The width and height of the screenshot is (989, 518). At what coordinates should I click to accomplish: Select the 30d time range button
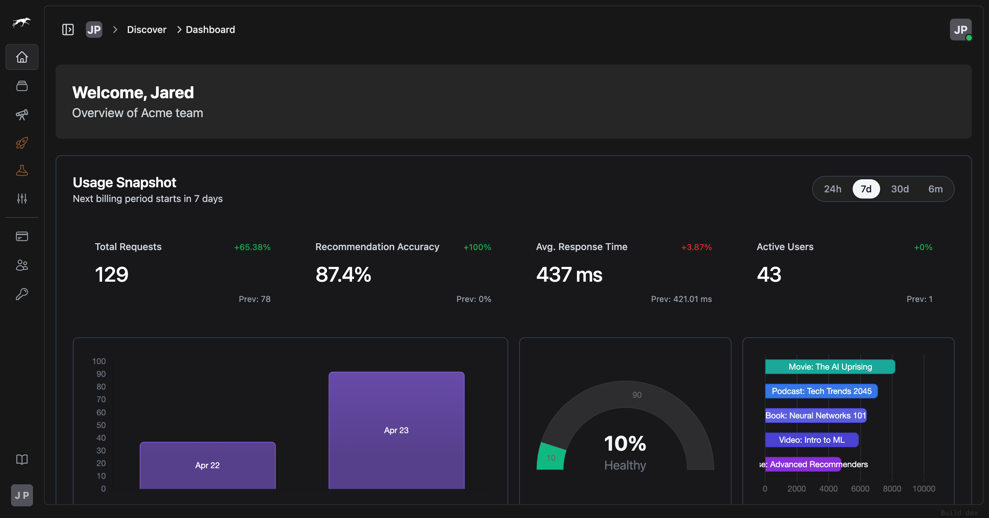click(x=900, y=189)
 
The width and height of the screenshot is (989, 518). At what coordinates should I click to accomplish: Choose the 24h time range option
click(x=832, y=189)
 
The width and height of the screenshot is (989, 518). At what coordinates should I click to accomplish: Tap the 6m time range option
click(x=935, y=189)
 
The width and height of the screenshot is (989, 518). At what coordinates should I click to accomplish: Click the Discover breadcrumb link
click(x=146, y=30)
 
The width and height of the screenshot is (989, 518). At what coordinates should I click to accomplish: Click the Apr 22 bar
click(x=207, y=465)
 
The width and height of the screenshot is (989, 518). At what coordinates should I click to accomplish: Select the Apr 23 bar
click(x=396, y=430)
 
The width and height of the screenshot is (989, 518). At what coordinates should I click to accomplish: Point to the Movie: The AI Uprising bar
click(x=830, y=367)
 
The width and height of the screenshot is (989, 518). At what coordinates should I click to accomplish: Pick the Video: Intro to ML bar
click(x=811, y=440)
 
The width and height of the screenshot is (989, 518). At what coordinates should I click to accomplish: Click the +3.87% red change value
click(x=696, y=247)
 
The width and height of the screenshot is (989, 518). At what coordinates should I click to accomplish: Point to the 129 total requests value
click(x=111, y=274)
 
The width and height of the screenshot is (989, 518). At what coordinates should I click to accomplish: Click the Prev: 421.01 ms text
click(x=681, y=299)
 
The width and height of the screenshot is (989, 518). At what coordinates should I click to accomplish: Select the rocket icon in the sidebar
click(x=22, y=143)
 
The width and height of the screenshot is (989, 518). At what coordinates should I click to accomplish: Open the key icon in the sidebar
click(x=22, y=294)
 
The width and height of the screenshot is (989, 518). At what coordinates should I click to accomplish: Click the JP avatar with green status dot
click(x=960, y=30)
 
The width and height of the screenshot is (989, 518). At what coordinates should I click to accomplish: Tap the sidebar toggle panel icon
click(x=68, y=30)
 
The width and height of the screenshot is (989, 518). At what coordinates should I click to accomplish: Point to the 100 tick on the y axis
click(x=99, y=361)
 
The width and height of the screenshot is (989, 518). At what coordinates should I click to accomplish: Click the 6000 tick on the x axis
click(x=860, y=488)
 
